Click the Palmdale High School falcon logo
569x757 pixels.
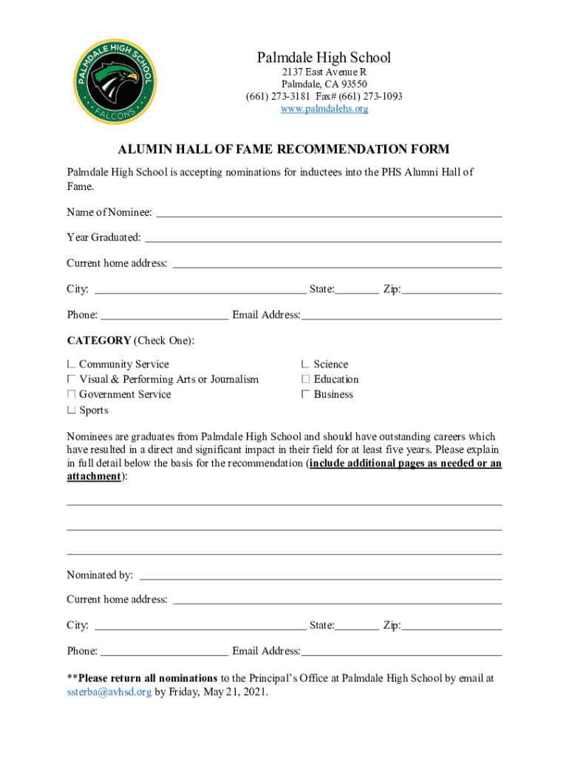(114, 81)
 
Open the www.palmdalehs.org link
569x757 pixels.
(324, 109)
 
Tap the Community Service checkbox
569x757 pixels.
(71, 364)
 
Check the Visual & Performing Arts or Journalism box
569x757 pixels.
(71, 379)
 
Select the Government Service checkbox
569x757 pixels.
(71, 395)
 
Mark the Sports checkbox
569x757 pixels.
(71, 410)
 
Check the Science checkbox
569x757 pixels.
(305, 364)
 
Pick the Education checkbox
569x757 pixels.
(305, 379)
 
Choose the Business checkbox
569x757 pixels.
(305, 395)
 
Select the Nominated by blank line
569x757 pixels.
(321, 577)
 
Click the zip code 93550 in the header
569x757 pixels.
(352, 84)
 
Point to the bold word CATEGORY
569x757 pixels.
(98, 340)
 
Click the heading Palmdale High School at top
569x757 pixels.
(324, 58)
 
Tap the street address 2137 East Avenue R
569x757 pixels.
(324, 72)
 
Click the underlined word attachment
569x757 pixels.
(93, 477)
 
